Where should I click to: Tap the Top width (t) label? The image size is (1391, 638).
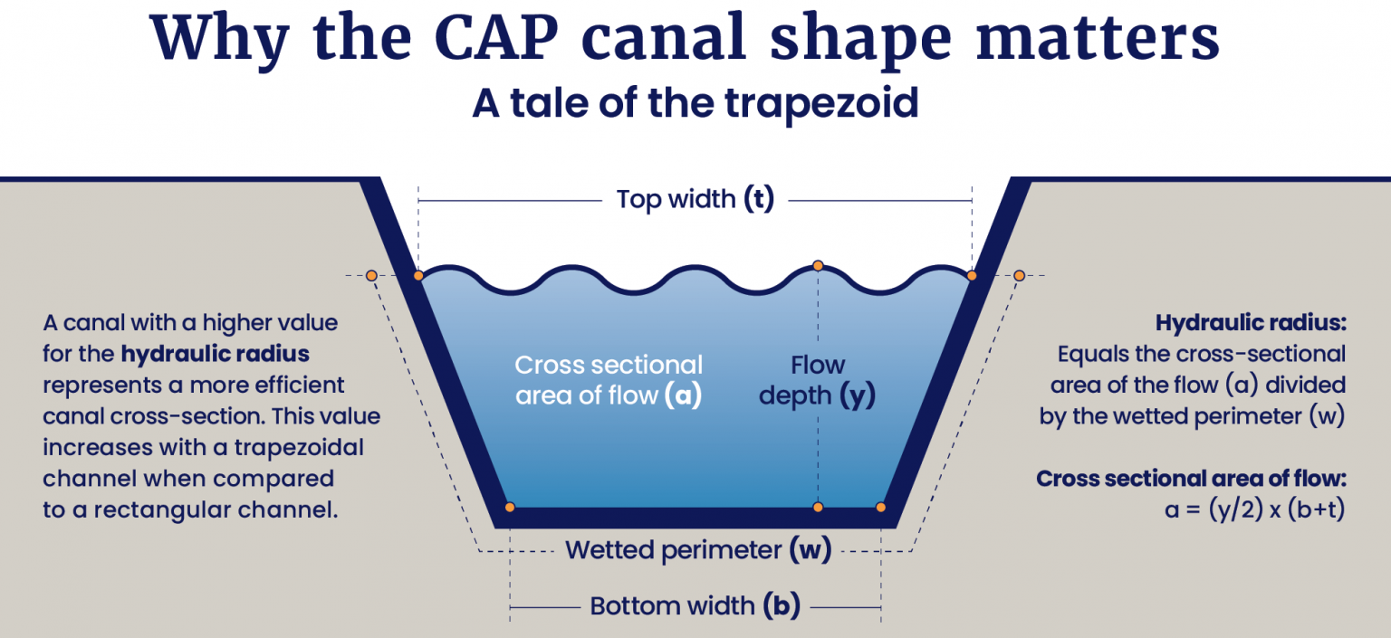pyautogui.click(x=695, y=199)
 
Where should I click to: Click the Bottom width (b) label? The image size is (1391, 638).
pyautogui.click(x=695, y=606)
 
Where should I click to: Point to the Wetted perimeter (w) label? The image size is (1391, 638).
pyautogui.click(x=698, y=550)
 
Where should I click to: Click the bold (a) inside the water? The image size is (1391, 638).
pyautogui.click(x=683, y=396)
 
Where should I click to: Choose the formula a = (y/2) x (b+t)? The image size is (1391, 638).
pyautogui.click(x=1255, y=510)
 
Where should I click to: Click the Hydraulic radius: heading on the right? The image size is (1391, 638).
pyautogui.click(x=1250, y=323)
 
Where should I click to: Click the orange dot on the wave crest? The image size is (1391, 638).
pyautogui.click(x=818, y=265)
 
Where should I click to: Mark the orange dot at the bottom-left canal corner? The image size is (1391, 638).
pyautogui.click(x=510, y=508)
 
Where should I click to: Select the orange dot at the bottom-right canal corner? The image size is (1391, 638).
pyautogui.click(x=881, y=508)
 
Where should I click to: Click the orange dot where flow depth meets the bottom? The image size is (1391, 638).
pyautogui.click(x=818, y=508)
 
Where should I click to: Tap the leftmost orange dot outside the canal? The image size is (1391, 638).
pyautogui.click(x=371, y=275)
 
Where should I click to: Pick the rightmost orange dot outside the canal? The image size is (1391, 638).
pyautogui.click(x=1019, y=275)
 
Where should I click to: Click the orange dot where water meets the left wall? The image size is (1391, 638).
pyautogui.click(x=418, y=275)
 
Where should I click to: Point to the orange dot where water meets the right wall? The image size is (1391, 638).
pyautogui.click(x=972, y=275)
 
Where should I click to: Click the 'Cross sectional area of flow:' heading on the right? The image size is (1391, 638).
pyautogui.click(x=1191, y=479)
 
